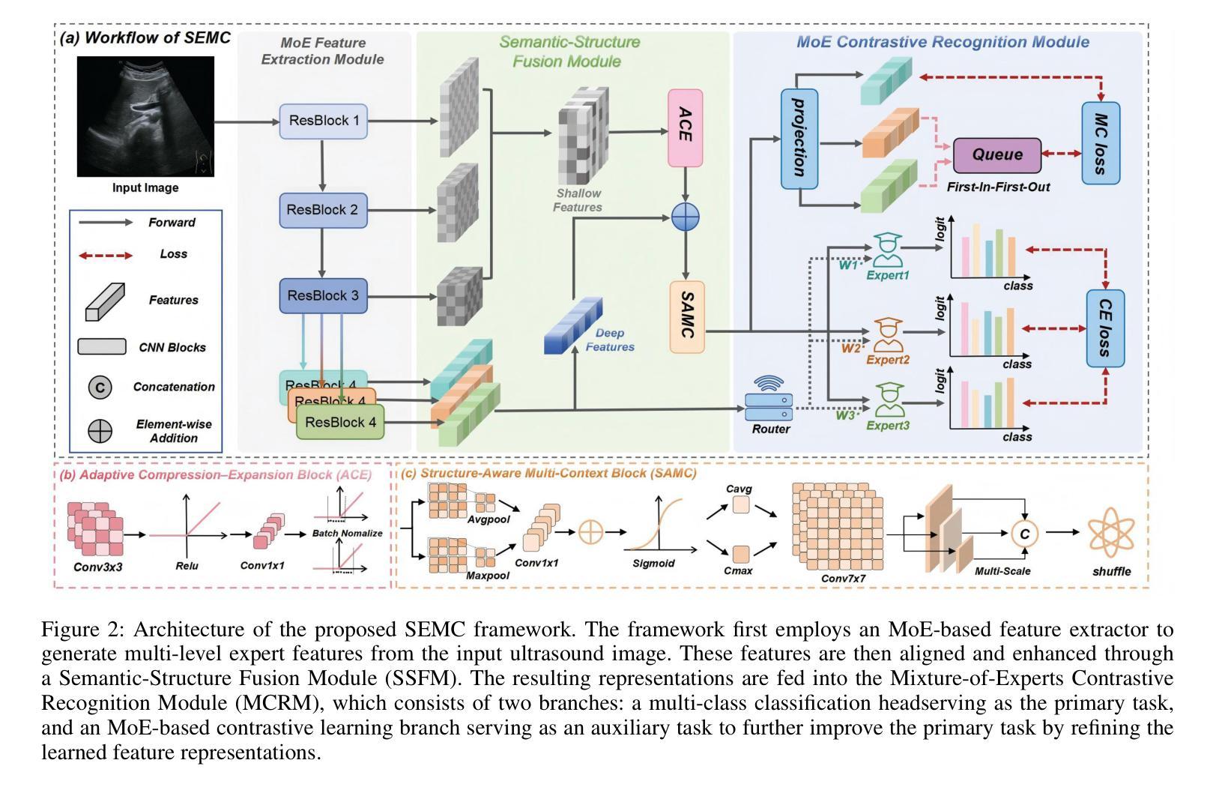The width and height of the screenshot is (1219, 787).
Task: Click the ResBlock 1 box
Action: pyautogui.click(x=324, y=121)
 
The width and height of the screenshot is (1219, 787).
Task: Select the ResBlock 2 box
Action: pyautogui.click(x=323, y=210)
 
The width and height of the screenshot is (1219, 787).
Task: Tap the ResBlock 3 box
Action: pyautogui.click(x=323, y=295)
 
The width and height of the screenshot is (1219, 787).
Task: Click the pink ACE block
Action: pyautogui.click(x=685, y=127)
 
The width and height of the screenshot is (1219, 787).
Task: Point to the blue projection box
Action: pyautogui.click(x=799, y=139)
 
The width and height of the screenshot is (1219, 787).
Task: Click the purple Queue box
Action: pyautogui.click(x=996, y=155)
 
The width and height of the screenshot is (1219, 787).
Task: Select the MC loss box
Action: pyautogui.click(x=1101, y=143)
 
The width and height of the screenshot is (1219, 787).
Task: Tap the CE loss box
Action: pyautogui.click(x=1105, y=328)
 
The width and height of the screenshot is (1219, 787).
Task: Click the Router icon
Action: pyautogui.click(x=769, y=401)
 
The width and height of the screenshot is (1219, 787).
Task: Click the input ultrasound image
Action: pyautogui.click(x=145, y=117)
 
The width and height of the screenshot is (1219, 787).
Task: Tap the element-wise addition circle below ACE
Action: pyautogui.click(x=685, y=217)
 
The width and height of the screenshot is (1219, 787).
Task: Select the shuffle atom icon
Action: pyautogui.click(x=1111, y=532)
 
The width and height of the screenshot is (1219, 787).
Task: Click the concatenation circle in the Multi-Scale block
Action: pyautogui.click(x=1024, y=533)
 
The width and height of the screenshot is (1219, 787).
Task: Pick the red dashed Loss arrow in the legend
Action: pyautogui.click(x=106, y=255)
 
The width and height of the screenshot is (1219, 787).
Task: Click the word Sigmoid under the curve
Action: pyautogui.click(x=653, y=564)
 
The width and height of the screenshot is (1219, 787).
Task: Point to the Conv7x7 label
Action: pyautogui.click(x=843, y=578)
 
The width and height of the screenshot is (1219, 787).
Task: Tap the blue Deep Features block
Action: pyautogui.click(x=572, y=326)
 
